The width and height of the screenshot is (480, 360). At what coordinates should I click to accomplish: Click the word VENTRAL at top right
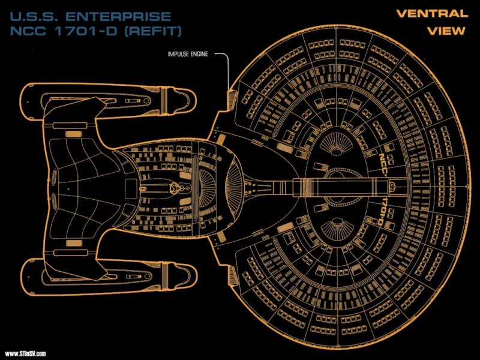coord(431,13)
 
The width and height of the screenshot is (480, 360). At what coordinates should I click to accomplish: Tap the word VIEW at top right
coord(446,31)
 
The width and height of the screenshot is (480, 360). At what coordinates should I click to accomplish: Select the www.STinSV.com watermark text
coord(25,353)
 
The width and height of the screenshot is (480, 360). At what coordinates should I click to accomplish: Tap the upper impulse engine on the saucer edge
coord(233,97)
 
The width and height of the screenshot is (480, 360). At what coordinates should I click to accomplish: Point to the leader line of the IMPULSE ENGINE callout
coord(227,66)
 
